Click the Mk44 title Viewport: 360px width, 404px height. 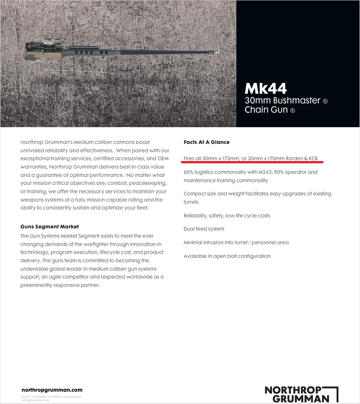click(x=266, y=88)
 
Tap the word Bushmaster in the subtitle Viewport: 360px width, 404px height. click(x=295, y=100)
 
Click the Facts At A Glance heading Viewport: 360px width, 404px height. click(x=206, y=142)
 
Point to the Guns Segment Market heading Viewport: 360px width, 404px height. click(x=49, y=227)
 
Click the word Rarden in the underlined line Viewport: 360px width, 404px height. click(x=294, y=158)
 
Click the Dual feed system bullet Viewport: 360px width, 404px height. click(x=204, y=229)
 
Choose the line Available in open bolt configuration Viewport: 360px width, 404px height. click(x=227, y=256)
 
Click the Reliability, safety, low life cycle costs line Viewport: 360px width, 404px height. click(x=227, y=216)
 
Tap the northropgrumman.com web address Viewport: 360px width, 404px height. click(x=52, y=390)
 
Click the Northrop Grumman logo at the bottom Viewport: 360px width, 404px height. click(x=301, y=394)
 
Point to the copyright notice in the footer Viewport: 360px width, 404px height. click(x=51, y=398)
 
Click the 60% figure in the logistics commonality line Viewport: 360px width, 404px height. click(x=189, y=172)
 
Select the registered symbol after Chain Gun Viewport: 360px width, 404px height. click(x=293, y=111)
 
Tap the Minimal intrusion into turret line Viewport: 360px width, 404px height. click(x=236, y=242)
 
